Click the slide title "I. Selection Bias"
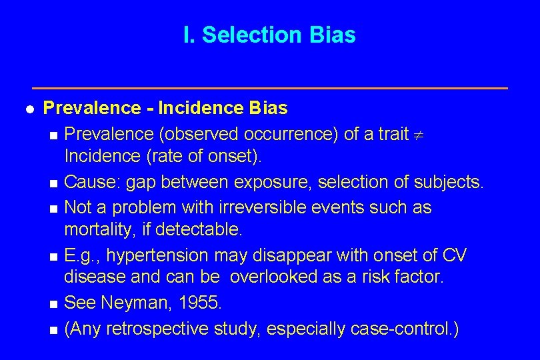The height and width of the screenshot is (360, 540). [269, 35]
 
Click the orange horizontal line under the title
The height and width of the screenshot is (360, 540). [270, 88]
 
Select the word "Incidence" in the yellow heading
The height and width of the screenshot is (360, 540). [193, 107]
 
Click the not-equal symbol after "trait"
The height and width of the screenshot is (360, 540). [420, 135]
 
